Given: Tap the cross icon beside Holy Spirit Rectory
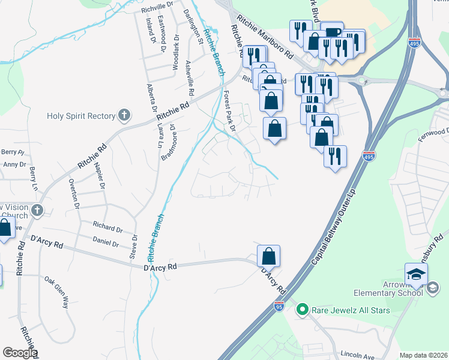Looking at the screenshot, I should pos(124,115).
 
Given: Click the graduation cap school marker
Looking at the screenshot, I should pos(416,275).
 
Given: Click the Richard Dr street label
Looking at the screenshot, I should pos(107,229).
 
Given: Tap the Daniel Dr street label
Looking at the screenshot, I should pos(106,242).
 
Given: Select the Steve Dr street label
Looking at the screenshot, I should pos(133,247).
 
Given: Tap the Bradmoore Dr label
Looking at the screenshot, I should pos(168,143).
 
